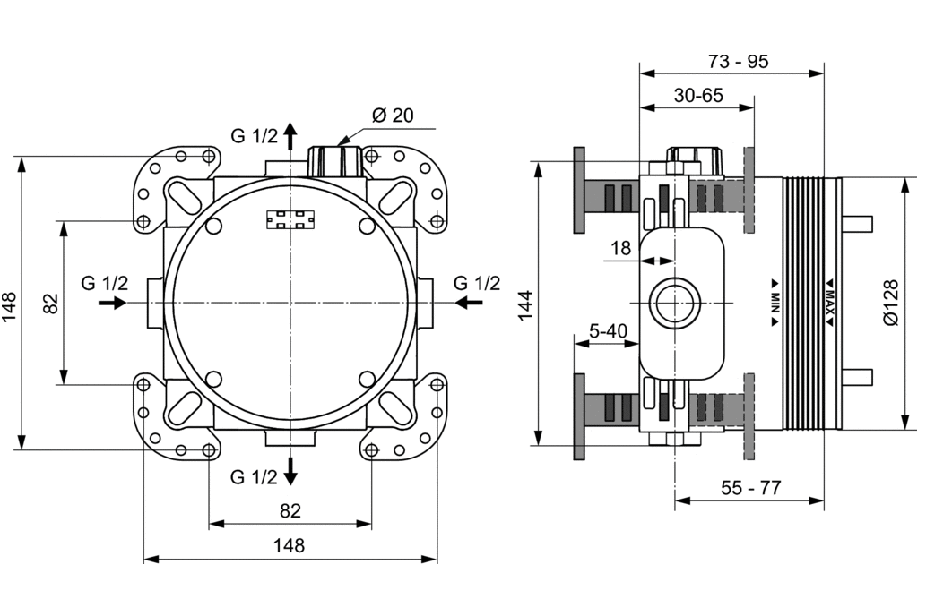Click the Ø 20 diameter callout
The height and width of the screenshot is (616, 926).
coord(391,115)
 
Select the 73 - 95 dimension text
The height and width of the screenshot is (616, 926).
coord(738,62)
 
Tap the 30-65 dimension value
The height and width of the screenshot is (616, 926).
coord(698,96)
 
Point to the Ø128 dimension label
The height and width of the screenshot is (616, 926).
coord(889,302)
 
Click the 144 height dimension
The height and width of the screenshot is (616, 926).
coord(525,304)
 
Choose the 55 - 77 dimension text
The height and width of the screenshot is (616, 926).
coord(751,488)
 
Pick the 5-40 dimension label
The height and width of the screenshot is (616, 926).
coord(608,330)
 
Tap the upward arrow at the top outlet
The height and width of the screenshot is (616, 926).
coord(290,136)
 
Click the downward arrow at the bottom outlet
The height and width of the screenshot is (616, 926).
coord(290,468)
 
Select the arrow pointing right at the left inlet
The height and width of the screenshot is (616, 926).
coord(112,304)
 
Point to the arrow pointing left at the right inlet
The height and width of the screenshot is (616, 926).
coord(468,304)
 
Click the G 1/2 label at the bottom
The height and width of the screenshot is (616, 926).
coord(255,477)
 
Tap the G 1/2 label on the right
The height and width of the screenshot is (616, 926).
coord(476,283)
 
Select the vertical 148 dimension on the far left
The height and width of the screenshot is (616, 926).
coord(11,304)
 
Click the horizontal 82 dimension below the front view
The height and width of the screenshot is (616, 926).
coord(290,510)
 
